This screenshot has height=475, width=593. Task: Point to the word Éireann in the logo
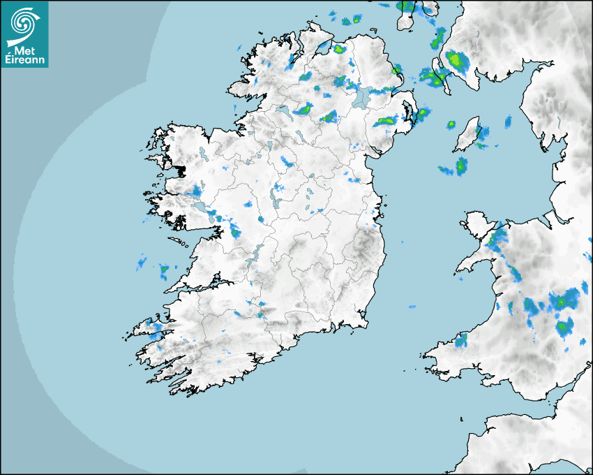pyautogui.click(x=24, y=60)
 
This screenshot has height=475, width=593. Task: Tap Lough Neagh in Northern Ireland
pyautogui.click(x=360, y=97)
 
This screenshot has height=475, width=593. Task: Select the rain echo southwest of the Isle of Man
pyautogui.click(x=460, y=166)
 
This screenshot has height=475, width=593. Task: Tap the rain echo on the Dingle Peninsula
pyautogui.click(x=154, y=328)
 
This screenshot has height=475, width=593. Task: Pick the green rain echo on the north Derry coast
pyautogui.click(x=340, y=50)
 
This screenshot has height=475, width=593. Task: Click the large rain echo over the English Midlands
pyautogui.click(x=562, y=302)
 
